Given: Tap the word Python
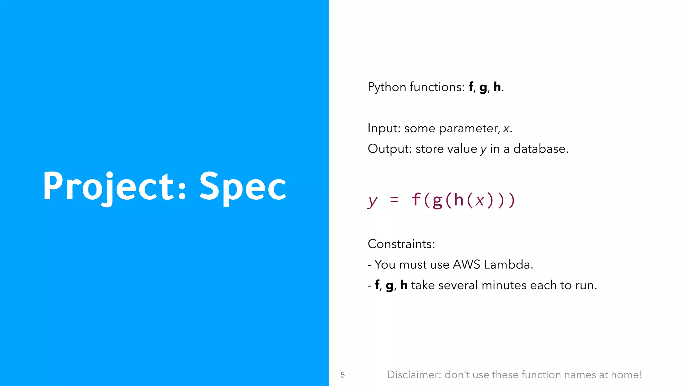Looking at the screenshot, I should point(387,87).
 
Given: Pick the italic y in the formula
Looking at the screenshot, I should point(372,200).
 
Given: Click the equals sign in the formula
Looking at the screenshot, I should point(395,200).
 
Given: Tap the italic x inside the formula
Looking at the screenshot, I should point(480,200).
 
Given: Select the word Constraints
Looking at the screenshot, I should point(401,244).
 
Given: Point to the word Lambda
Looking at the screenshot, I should point(508,265).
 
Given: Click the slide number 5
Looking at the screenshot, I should point(343,375).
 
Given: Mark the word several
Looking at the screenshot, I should point(458,285).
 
